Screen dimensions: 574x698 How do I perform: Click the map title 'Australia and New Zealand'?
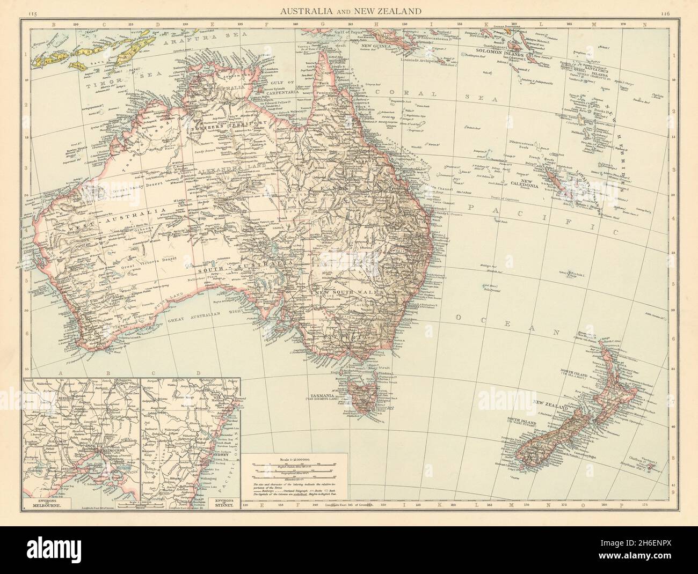click(348, 11)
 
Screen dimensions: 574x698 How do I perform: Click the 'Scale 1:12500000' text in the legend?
click(295, 460)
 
